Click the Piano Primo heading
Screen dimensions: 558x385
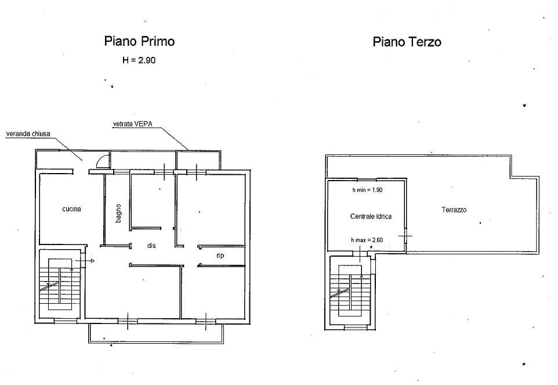point(139,41)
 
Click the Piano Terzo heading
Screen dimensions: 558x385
point(407,42)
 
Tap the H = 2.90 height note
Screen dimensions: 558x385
point(139,60)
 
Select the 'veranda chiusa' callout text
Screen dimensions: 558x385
point(28,134)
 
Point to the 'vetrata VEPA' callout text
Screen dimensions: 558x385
point(132,124)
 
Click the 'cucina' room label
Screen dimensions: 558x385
point(71,209)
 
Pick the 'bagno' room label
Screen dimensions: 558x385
point(118,213)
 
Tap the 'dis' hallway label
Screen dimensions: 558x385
point(151,246)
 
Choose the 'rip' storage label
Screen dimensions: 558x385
point(220,256)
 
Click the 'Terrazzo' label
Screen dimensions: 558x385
point(454,210)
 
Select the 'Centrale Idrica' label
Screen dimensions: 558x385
point(371,216)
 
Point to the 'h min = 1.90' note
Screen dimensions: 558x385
point(367,190)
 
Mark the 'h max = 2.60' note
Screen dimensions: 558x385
point(367,240)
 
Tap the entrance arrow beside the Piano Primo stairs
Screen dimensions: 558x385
point(85,261)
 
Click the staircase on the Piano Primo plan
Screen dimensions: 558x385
point(60,284)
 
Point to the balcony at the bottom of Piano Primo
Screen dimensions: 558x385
point(156,333)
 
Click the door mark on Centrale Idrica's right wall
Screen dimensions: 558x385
point(405,235)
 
